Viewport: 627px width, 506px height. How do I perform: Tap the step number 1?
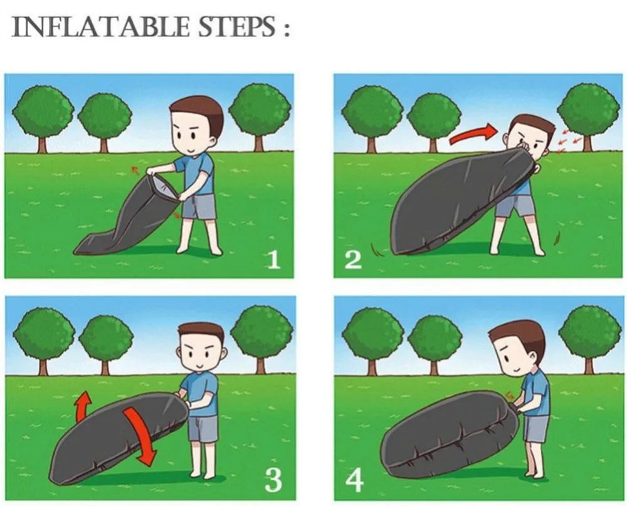(273, 260)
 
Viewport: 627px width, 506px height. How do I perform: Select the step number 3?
(273, 480)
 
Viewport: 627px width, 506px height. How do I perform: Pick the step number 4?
(355, 480)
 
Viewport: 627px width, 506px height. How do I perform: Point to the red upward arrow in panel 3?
(83, 406)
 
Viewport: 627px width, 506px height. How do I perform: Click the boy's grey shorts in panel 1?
(199, 207)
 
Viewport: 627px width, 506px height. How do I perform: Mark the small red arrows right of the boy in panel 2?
(568, 141)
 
